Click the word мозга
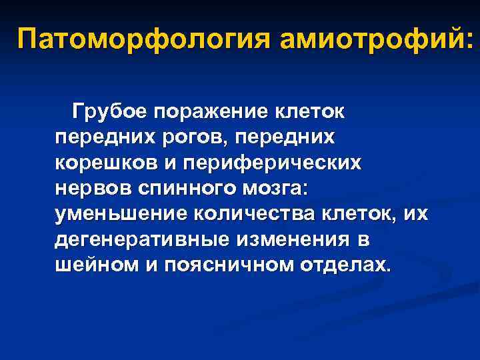coord(275,187)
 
